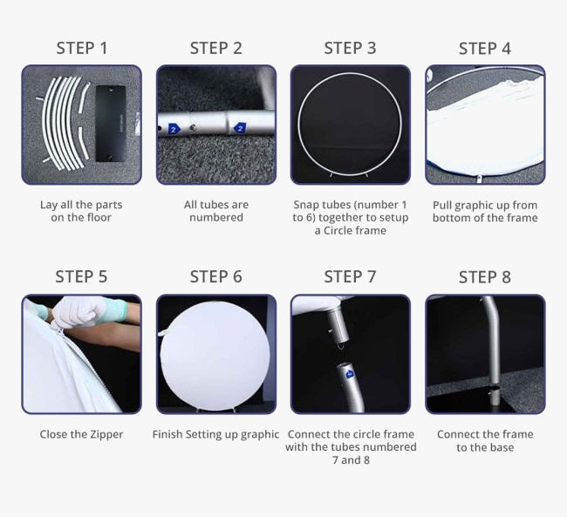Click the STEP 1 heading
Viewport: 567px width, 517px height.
click(x=82, y=49)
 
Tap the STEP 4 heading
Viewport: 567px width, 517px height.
click(x=484, y=49)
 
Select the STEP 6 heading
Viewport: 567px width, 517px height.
click(x=215, y=277)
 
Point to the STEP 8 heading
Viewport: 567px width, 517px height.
click(x=484, y=277)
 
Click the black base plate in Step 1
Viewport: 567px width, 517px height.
click(x=111, y=124)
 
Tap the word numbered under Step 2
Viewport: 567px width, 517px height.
click(x=216, y=218)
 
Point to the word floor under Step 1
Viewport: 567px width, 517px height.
click(x=100, y=218)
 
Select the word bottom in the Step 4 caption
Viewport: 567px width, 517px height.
click(x=449, y=218)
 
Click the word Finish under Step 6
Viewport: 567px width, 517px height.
click(x=167, y=434)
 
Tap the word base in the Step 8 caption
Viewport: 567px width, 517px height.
click(x=502, y=447)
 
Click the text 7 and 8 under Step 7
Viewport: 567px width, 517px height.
click(x=351, y=460)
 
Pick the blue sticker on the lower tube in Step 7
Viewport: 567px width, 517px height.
click(x=350, y=374)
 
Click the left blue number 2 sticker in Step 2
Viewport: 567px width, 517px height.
click(x=174, y=128)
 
